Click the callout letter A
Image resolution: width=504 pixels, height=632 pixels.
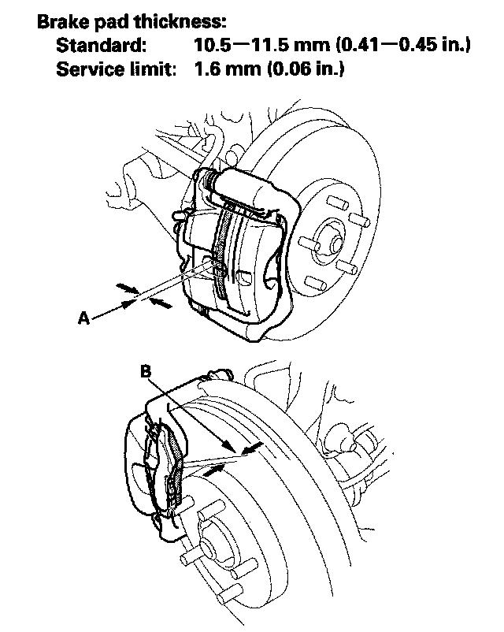click(83, 318)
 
